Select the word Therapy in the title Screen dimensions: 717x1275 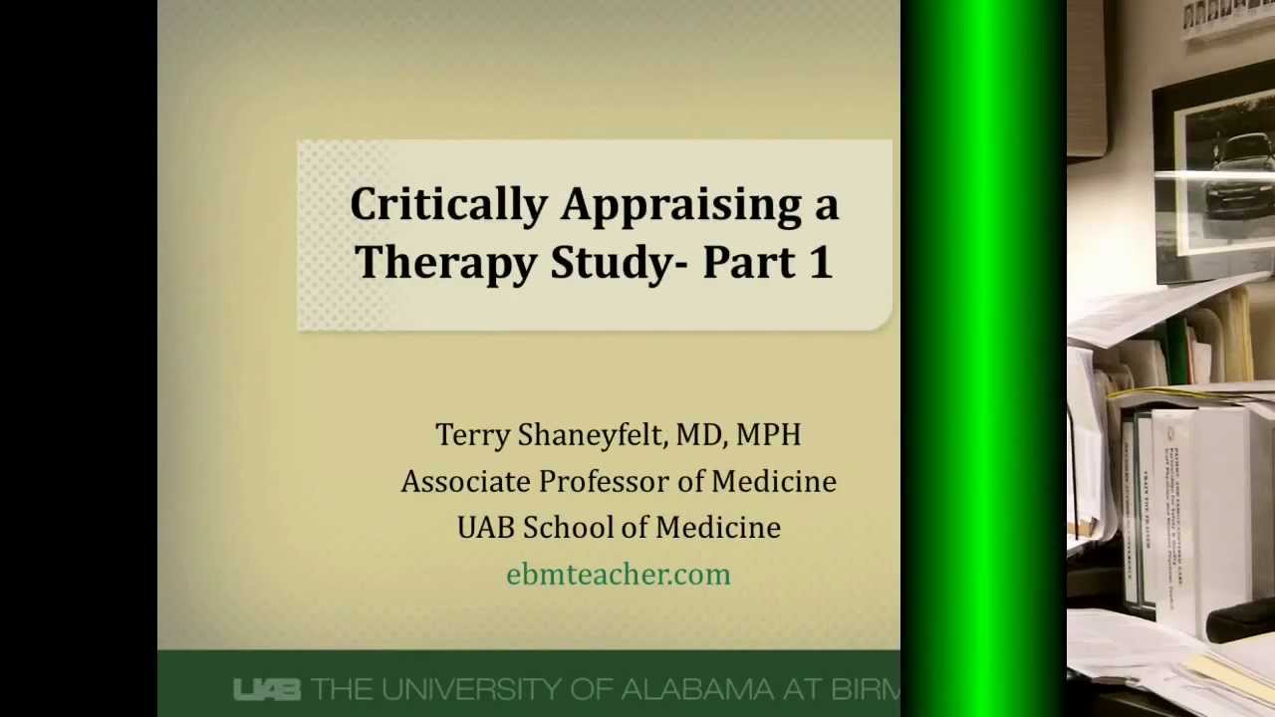pos(446,263)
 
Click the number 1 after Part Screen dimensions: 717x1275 pos(821,262)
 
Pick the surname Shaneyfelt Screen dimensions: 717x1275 pos(592,435)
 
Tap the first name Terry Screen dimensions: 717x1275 pos(471,435)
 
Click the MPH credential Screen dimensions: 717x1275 pos(768,435)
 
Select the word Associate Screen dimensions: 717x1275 pos(465,482)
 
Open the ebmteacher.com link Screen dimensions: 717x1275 pos(619,575)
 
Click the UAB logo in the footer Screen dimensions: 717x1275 pos(266,689)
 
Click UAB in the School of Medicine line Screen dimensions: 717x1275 pos(485,528)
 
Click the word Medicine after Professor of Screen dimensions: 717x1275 pos(773,482)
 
